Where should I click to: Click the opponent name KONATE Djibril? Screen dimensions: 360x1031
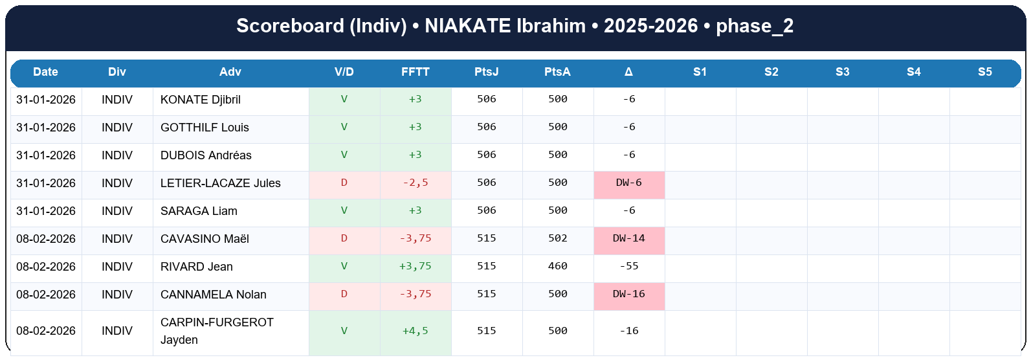pos(200,100)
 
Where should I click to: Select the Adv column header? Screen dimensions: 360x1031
pos(230,72)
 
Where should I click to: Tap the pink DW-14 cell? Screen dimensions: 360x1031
pos(628,238)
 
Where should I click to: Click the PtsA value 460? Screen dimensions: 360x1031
pos(557,266)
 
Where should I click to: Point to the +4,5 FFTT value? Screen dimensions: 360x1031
pos(415,331)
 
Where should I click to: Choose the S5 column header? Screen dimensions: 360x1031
pos(984,72)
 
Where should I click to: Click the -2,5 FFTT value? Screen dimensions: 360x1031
pos(415,183)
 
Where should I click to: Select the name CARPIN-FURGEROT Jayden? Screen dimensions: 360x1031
pos(217,331)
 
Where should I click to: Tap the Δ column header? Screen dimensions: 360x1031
pos(628,72)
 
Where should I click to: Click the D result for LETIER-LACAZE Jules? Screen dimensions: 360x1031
pos(344,183)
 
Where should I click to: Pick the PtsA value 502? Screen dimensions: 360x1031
pos(557,238)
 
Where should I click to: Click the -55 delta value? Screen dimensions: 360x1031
pos(628,266)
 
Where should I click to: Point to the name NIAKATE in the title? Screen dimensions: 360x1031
pos(467,26)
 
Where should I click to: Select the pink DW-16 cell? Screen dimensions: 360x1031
pos(628,294)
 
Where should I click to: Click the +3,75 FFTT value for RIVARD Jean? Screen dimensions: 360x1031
pos(415,266)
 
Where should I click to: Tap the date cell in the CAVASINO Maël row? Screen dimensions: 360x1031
pos(46,239)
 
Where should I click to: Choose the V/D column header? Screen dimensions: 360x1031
pos(344,72)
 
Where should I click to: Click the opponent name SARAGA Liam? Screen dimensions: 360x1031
pos(199,211)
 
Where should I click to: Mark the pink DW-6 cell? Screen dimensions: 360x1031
pos(628,183)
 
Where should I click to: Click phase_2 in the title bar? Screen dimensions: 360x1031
pos(755,26)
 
